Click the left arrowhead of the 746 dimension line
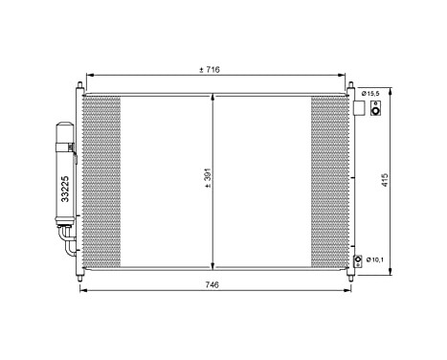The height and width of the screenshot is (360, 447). pos(78,293)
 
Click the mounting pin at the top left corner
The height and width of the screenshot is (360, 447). pos(78,86)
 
